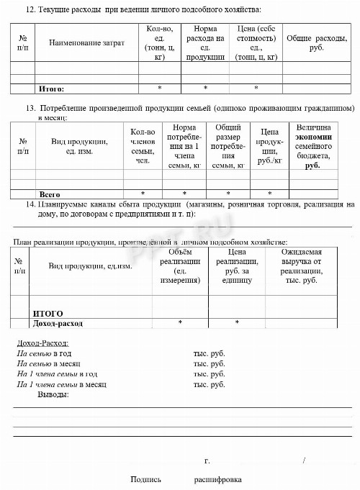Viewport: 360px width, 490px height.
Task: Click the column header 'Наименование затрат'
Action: pos(86,43)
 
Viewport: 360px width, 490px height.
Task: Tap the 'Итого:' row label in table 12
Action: pos(51,89)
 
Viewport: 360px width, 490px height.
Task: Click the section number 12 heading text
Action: pos(133,9)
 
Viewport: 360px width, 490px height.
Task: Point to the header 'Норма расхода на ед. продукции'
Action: pos(205,42)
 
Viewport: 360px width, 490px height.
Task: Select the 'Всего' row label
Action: pos(49,194)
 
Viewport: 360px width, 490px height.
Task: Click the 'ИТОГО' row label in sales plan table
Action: pos(48,314)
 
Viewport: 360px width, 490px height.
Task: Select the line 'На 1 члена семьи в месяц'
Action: pos(61,384)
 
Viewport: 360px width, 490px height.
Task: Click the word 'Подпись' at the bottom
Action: pos(145,479)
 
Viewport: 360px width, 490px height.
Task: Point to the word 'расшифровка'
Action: pos(217,479)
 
